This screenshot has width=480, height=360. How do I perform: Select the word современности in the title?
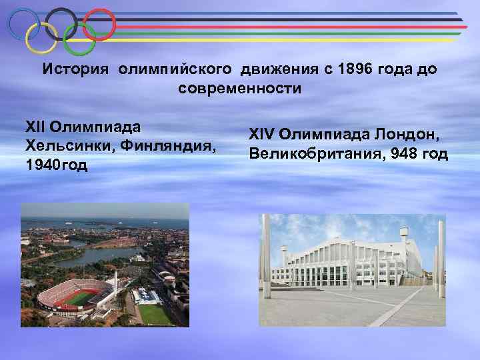(x=240, y=88)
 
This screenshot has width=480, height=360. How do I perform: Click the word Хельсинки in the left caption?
(x=64, y=146)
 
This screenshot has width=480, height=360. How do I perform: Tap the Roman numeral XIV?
(x=261, y=136)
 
